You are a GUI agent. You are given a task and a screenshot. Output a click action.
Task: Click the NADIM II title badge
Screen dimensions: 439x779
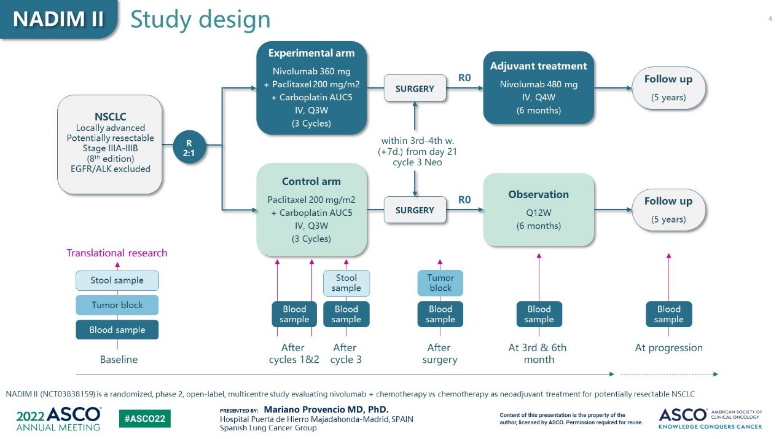coord(58,19)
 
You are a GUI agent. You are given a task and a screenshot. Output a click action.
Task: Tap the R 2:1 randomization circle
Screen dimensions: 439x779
coord(189,146)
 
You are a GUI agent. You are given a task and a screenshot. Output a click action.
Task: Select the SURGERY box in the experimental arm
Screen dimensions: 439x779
coord(415,89)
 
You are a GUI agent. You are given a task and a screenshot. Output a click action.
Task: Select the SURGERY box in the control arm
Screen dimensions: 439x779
coord(415,210)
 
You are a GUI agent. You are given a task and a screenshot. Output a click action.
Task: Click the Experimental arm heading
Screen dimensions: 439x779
coord(311,53)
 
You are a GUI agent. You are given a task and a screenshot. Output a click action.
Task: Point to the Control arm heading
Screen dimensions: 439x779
coord(311,181)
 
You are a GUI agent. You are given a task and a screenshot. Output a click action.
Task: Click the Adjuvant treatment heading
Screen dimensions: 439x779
coord(538,66)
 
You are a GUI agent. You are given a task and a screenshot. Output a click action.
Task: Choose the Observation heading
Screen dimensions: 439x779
coord(538,194)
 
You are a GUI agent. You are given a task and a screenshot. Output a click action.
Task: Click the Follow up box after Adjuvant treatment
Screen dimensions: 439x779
coord(668,87)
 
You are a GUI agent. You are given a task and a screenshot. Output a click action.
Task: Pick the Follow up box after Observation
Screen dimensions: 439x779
coord(668,210)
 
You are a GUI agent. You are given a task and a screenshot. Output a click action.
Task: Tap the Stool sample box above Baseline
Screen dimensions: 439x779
coord(117,280)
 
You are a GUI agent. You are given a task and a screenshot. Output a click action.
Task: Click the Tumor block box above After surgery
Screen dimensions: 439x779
coord(440,283)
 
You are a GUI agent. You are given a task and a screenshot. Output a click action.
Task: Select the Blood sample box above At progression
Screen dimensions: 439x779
coord(668,314)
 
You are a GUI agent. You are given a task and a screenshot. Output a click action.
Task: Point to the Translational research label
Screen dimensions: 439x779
coord(117,253)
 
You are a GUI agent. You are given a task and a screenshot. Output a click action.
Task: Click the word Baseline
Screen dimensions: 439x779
coord(119,360)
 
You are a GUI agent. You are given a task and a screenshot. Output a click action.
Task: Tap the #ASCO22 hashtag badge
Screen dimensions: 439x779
coord(144,419)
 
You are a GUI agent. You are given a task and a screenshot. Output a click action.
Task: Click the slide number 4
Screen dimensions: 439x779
coord(770,18)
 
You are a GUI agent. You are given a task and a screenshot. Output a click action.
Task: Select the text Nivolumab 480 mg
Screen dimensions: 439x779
coord(538,84)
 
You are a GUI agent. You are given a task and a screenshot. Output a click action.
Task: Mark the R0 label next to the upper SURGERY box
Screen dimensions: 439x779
coord(464,78)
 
